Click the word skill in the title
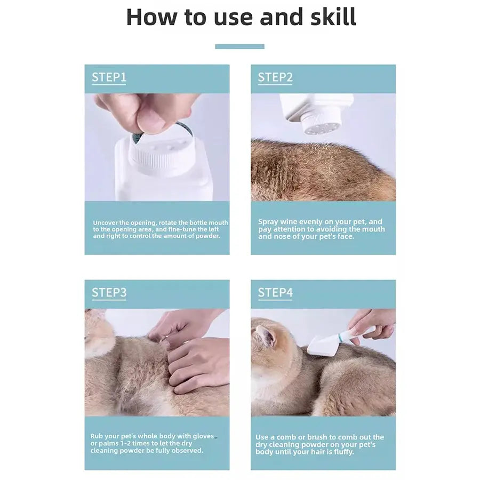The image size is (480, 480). click(333, 17)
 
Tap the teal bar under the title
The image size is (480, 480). click(239, 46)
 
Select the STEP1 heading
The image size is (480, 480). click(109, 77)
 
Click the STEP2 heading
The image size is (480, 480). click(275, 77)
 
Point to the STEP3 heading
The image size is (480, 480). click(109, 293)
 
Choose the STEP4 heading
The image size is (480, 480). click(275, 293)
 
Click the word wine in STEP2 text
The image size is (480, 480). click(289, 222)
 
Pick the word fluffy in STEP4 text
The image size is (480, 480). click(343, 452)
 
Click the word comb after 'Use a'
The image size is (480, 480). click(287, 437)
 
